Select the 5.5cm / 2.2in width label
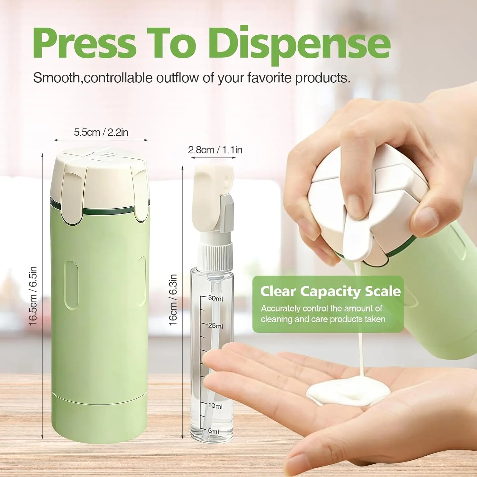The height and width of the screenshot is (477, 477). pos(101,132)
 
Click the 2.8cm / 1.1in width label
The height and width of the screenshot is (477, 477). pos(215,150)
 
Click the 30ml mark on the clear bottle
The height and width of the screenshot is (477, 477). pos(215,298)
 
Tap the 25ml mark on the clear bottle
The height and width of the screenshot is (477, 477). pos(215,326)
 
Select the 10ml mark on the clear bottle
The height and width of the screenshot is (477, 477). pos(215,406)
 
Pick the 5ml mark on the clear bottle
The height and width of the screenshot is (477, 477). pos(213,431)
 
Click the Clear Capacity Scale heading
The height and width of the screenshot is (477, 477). pos(330,291)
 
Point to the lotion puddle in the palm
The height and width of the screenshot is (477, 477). pos(348,391)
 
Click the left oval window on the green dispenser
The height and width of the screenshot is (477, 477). pos(72,285)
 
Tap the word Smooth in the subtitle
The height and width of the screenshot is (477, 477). pos(57,78)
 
